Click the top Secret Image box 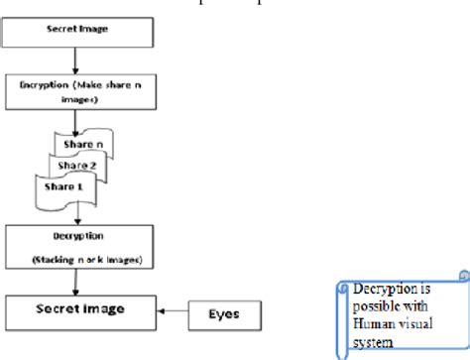pos(78,31)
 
